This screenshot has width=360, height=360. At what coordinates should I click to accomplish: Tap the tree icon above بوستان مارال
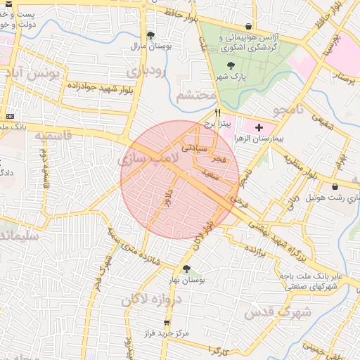point(150,35)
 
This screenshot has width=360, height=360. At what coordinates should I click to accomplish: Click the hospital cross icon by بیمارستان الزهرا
point(259,127)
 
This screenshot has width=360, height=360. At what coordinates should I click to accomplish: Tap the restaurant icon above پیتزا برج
point(219,112)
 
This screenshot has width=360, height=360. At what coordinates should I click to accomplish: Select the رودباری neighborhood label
point(145,72)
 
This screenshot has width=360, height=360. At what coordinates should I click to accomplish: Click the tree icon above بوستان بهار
point(186,269)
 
